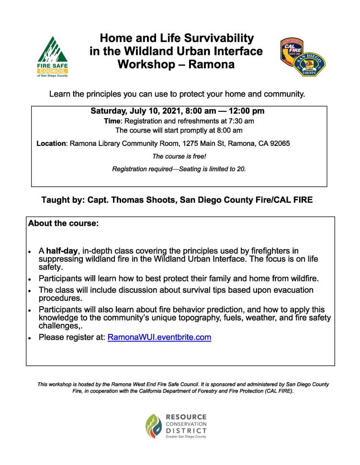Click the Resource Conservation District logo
point(177,426)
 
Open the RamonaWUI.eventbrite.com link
point(159,337)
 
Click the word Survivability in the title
point(212,38)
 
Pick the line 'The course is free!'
point(179,156)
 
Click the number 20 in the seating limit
point(241,169)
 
